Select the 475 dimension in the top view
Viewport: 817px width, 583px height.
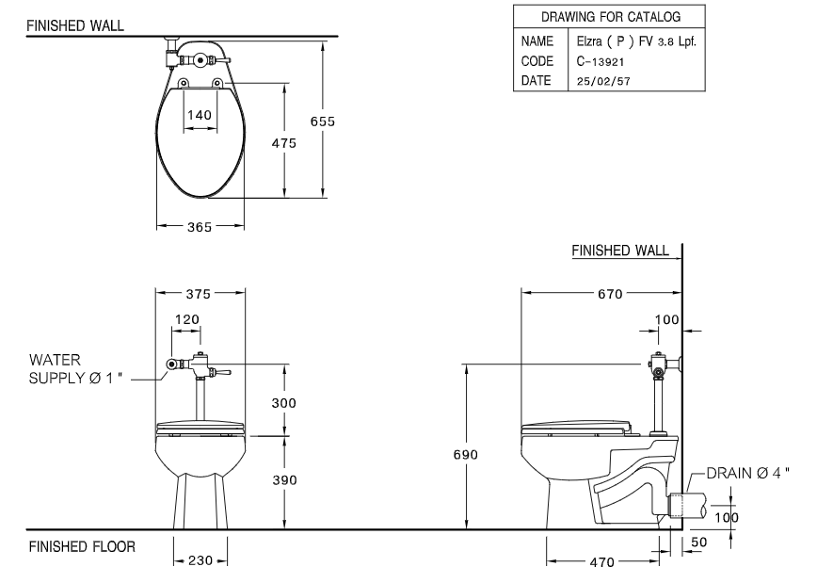pyautogui.click(x=285, y=143)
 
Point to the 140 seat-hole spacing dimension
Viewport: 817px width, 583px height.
pyautogui.click(x=200, y=114)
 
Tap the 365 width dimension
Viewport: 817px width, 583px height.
pyautogui.click(x=200, y=227)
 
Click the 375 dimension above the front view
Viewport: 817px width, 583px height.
pyautogui.click(x=200, y=292)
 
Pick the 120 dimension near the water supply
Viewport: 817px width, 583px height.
pyautogui.click(x=187, y=319)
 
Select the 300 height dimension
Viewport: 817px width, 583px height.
pyautogui.click(x=284, y=402)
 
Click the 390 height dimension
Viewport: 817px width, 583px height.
pyautogui.click(x=284, y=480)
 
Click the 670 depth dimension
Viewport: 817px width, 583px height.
pyautogui.click(x=610, y=294)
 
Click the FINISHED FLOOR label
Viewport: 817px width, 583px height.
pyautogui.click(x=82, y=546)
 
